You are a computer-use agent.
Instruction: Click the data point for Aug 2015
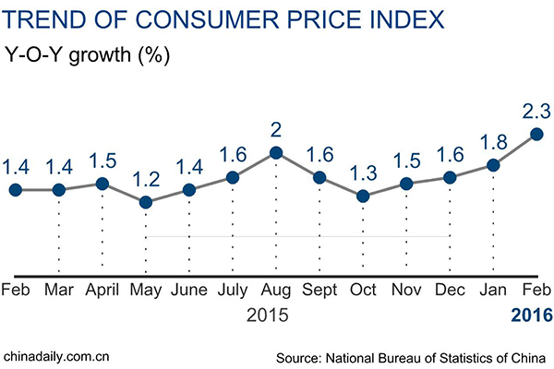(x=275, y=153)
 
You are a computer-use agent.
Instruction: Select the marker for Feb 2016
(x=536, y=135)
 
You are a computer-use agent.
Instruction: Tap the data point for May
(x=145, y=202)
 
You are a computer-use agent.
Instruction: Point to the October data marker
(x=363, y=196)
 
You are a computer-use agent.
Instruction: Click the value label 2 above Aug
(x=275, y=128)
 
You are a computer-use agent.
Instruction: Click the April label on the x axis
(x=102, y=290)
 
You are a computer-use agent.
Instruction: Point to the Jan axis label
(x=493, y=290)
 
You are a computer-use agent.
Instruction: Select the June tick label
(x=188, y=290)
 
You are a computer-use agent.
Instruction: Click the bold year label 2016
(x=532, y=315)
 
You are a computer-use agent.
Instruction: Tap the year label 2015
(x=267, y=315)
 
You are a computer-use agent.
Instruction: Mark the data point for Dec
(x=450, y=177)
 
